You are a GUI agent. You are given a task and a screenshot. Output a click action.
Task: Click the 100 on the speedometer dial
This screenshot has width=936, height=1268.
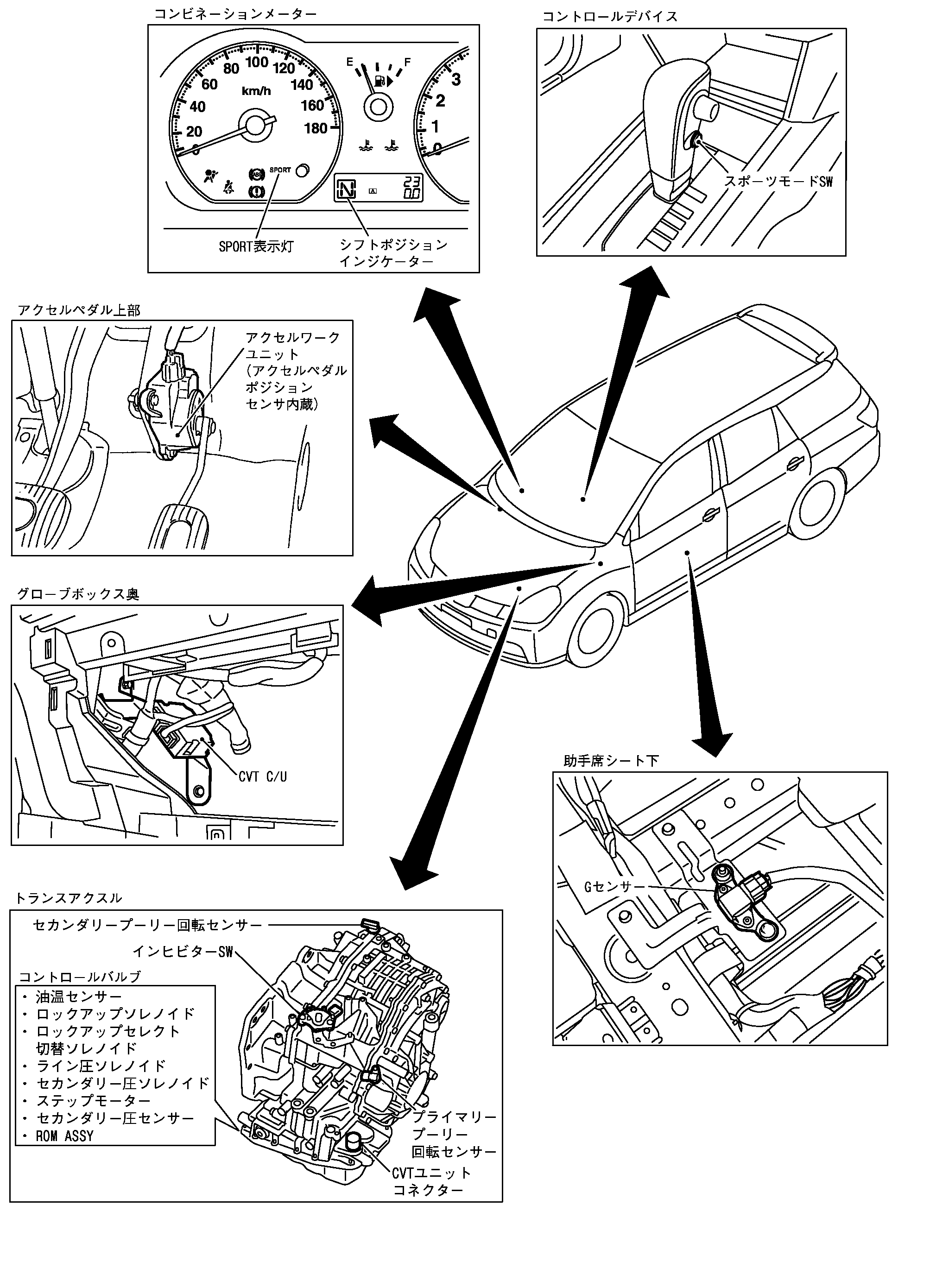click(x=257, y=62)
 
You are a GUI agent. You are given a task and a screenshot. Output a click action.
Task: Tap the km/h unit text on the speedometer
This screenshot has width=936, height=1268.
click(x=256, y=91)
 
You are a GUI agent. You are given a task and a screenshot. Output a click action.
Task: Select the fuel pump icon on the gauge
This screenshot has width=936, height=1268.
click(x=381, y=81)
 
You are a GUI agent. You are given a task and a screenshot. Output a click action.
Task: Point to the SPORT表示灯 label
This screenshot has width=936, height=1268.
click(x=256, y=247)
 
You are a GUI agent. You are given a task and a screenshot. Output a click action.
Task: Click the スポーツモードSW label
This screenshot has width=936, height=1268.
click(x=778, y=181)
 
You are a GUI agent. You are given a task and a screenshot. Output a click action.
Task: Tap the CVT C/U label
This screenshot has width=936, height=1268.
click(x=262, y=776)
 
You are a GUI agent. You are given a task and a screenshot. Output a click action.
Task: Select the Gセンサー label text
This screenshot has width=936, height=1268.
click(x=615, y=886)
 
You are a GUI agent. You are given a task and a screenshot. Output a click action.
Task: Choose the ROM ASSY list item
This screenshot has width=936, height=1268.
click(x=64, y=1136)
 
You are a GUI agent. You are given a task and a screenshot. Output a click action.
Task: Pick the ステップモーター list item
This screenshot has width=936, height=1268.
click(x=94, y=1100)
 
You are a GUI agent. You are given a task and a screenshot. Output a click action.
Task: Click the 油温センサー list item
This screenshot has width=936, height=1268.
click(x=79, y=1012)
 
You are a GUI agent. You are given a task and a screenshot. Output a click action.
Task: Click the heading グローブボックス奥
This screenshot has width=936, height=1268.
click(x=78, y=594)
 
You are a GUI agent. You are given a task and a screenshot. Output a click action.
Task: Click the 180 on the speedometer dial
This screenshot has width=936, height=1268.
click(x=316, y=128)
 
